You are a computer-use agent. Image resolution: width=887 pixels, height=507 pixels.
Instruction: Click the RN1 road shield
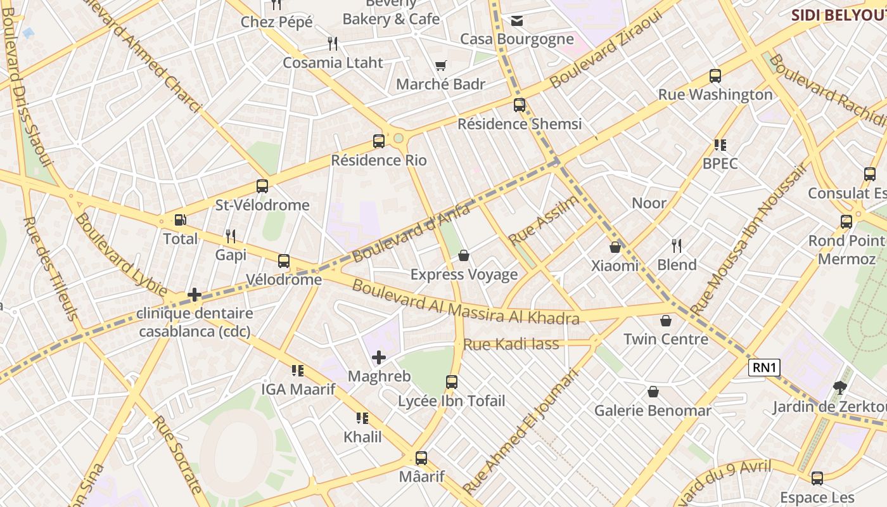coord(764,368)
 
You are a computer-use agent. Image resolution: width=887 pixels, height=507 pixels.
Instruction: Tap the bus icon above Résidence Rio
coord(379,141)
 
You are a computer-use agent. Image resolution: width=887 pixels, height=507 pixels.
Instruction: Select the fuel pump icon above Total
coord(181,220)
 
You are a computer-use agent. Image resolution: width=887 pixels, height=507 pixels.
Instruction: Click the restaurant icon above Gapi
coord(231,236)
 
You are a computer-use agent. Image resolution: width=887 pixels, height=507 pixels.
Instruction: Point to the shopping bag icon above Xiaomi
coord(615,247)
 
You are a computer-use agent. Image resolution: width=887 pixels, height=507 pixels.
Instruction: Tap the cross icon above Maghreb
coord(379,357)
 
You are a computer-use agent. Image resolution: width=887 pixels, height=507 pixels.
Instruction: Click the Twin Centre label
coord(666,339)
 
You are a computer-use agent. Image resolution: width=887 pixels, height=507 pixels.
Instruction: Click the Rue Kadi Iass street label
coord(511,344)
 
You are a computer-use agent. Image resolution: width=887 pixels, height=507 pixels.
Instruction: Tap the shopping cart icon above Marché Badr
coord(441,65)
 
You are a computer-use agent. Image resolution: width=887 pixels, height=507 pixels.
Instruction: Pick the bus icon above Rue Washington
coord(715,76)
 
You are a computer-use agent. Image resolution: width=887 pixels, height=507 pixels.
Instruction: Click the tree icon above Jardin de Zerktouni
coord(840,387)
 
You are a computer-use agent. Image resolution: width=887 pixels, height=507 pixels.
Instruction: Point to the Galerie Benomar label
coord(653,411)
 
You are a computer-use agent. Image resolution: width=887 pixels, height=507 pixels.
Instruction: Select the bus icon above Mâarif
coord(421,458)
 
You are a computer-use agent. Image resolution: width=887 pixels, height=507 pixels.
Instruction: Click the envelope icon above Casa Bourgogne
coord(517,21)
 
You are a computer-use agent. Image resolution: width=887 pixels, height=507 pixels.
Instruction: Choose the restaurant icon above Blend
coord(677,246)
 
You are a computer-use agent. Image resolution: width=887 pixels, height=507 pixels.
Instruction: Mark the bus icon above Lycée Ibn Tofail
coord(452,382)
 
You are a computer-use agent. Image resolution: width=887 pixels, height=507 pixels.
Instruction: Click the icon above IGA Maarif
coord(298,371)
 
